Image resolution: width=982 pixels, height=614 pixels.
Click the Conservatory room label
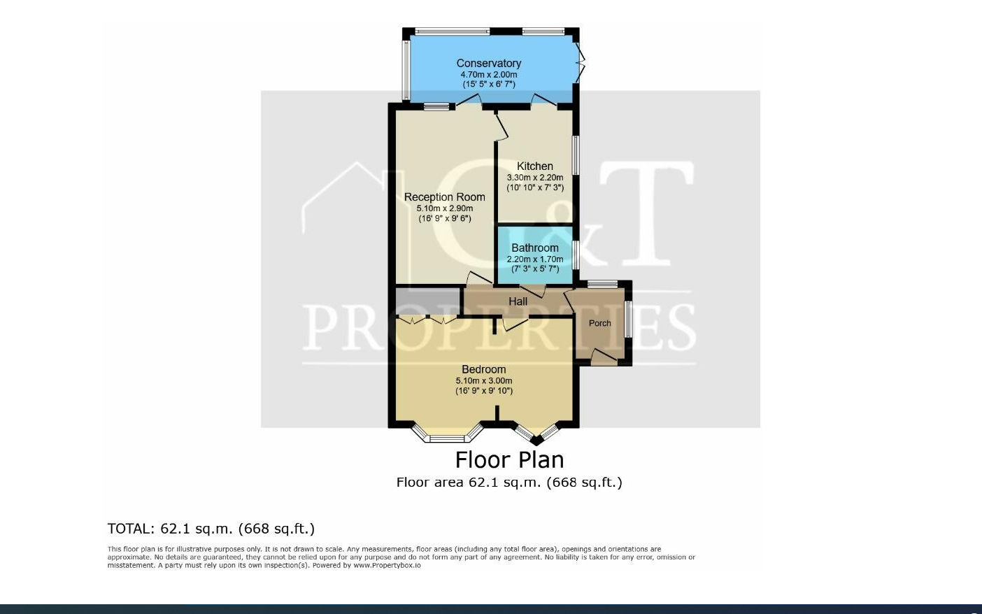pyautogui.click(x=488, y=64)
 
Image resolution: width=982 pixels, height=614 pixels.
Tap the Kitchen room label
pyautogui.click(x=534, y=166)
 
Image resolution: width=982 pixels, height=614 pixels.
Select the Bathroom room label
pyautogui.click(x=534, y=248)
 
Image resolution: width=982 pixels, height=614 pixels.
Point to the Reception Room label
pyautogui.click(x=444, y=197)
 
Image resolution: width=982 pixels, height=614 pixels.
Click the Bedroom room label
pyautogui.click(x=483, y=370)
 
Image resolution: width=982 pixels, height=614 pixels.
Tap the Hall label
pyautogui.click(x=518, y=301)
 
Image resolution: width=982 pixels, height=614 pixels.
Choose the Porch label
pyautogui.click(x=599, y=323)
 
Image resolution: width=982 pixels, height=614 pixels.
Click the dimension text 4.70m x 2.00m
pyautogui.click(x=488, y=74)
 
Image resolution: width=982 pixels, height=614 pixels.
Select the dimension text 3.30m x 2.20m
pyautogui.click(x=534, y=178)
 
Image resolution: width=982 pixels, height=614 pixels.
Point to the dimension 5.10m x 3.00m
pyautogui.click(x=483, y=381)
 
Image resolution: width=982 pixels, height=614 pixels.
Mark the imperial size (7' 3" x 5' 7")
pyautogui.click(x=534, y=269)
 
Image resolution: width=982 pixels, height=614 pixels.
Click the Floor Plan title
pyautogui.click(x=509, y=460)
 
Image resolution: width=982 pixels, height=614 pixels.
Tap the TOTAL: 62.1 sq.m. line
pyautogui.click(x=211, y=529)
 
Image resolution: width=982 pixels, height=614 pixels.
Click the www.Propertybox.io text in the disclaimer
pyautogui.click(x=387, y=565)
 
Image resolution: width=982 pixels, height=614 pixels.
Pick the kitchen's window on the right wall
pyautogui.click(x=576, y=155)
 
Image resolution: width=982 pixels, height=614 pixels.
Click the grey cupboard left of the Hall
pyautogui.click(x=427, y=301)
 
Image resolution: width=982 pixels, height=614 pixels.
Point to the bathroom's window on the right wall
pyautogui.click(x=576, y=256)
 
